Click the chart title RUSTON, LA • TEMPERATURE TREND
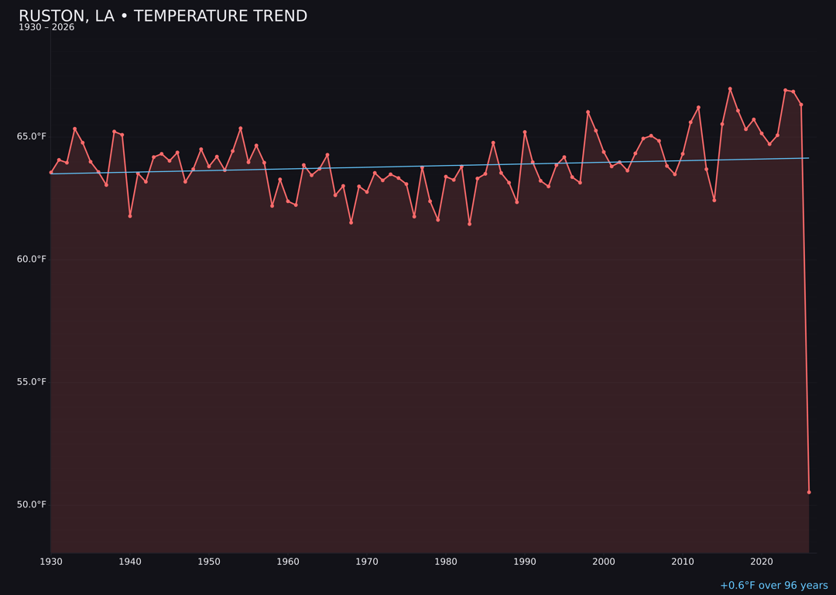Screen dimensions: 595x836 (163, 16)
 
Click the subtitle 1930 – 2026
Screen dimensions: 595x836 (46, 28)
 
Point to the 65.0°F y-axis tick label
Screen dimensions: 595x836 (32, 136)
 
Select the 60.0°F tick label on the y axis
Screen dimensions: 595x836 (32, 259)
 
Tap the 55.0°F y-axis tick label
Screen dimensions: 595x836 (32, 382)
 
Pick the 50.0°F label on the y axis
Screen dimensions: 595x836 (32, 504)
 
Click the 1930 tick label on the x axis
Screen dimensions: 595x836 (51, 562)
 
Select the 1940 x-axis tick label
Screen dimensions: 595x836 (130, 562)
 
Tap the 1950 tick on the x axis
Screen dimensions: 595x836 (209, 562)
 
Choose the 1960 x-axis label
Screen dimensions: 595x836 (288, 562)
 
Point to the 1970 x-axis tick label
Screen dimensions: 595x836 (367, 562)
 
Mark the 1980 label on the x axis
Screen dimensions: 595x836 (446, 562)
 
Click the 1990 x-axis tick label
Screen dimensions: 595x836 (525, 562)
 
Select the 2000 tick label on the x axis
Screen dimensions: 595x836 (604, 562)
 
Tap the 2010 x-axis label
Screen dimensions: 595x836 (683, 562)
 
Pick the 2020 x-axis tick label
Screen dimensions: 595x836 (762, 562)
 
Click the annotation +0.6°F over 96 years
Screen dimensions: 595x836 (773, 586)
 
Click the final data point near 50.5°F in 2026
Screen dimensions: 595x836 (809, 492)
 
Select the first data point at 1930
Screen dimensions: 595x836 (51, 172)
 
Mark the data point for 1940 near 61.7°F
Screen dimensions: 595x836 (130, 216)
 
